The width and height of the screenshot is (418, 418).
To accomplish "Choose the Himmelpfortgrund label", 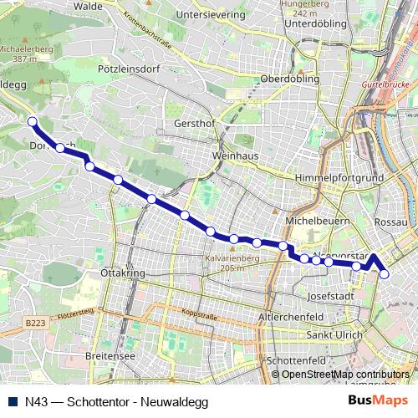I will tap(339, 179).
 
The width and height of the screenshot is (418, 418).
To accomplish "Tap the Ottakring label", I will tap(117, 273).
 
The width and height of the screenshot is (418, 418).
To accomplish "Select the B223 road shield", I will tap(34, 322).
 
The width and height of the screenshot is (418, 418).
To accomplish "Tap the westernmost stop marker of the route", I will tap(33, 122).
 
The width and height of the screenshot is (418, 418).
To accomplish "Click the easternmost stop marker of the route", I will tap(385, 273).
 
